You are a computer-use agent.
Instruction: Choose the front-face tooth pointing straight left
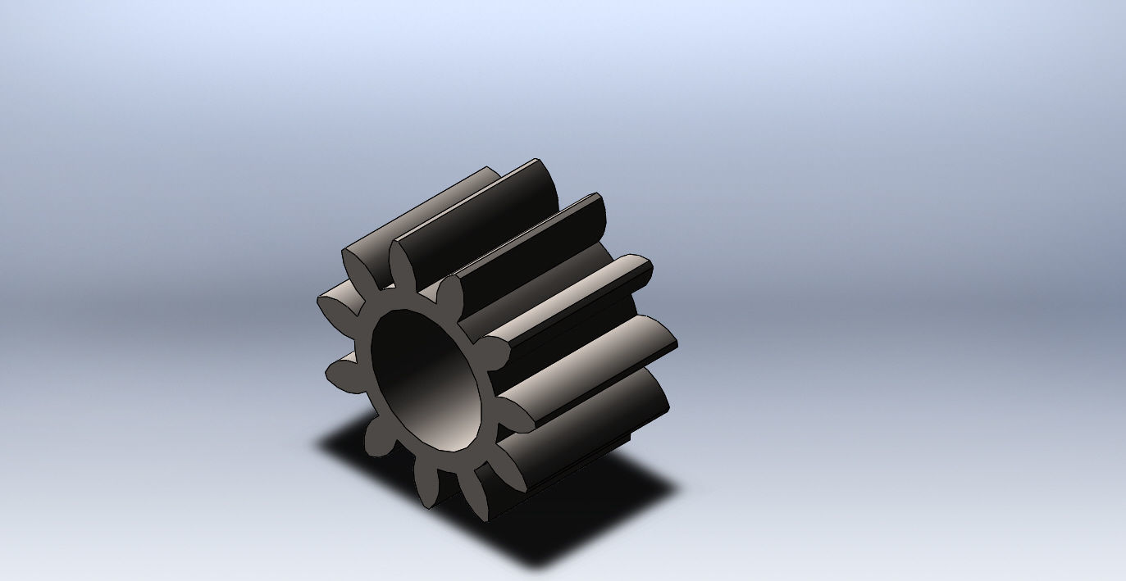(x=336, y=374)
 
